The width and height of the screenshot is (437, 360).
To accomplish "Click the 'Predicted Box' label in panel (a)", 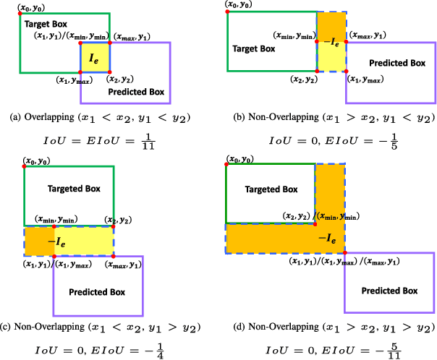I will (135, 93).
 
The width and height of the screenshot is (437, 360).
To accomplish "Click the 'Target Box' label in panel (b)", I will (253, 49).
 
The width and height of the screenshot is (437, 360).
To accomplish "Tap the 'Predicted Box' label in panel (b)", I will (394, 63).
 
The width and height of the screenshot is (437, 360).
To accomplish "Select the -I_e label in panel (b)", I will (331, 43).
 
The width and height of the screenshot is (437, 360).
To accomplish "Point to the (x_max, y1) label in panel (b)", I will (368, 35).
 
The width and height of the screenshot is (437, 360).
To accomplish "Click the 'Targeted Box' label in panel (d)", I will (271, 189).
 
